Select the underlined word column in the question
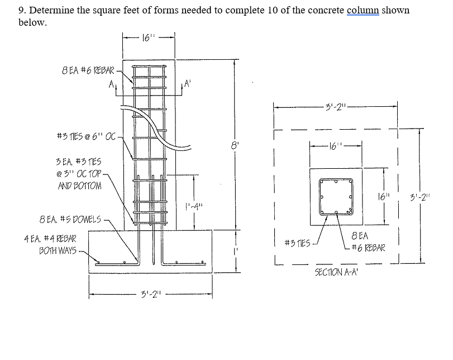(363, 11)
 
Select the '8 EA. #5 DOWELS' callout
(70, 219)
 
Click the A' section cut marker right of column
(187, 83)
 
